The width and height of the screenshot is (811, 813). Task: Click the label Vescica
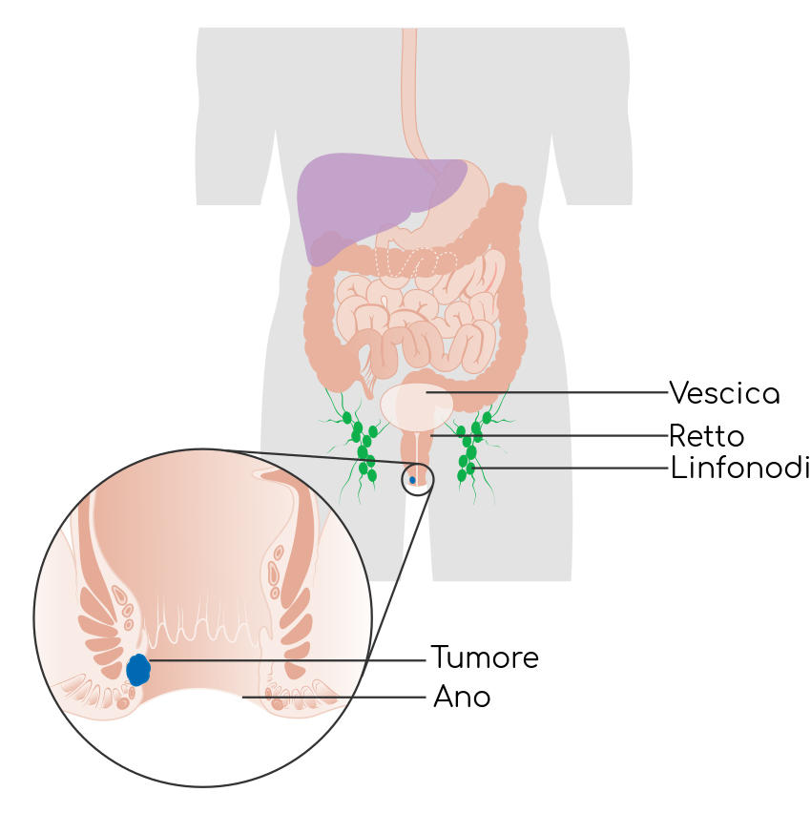[724, 393]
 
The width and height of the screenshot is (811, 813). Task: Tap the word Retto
[706, 437]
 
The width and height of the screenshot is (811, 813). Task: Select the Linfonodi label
[739, 469]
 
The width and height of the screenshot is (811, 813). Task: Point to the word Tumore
[485, 658]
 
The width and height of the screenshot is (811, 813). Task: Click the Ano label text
[462, 698]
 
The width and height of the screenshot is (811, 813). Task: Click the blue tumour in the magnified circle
[138, 669]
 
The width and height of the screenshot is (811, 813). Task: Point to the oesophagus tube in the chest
[409, 86]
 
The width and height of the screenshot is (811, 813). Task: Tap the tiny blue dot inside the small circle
[412, 480]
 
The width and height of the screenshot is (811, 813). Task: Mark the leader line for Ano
[334, 698]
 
